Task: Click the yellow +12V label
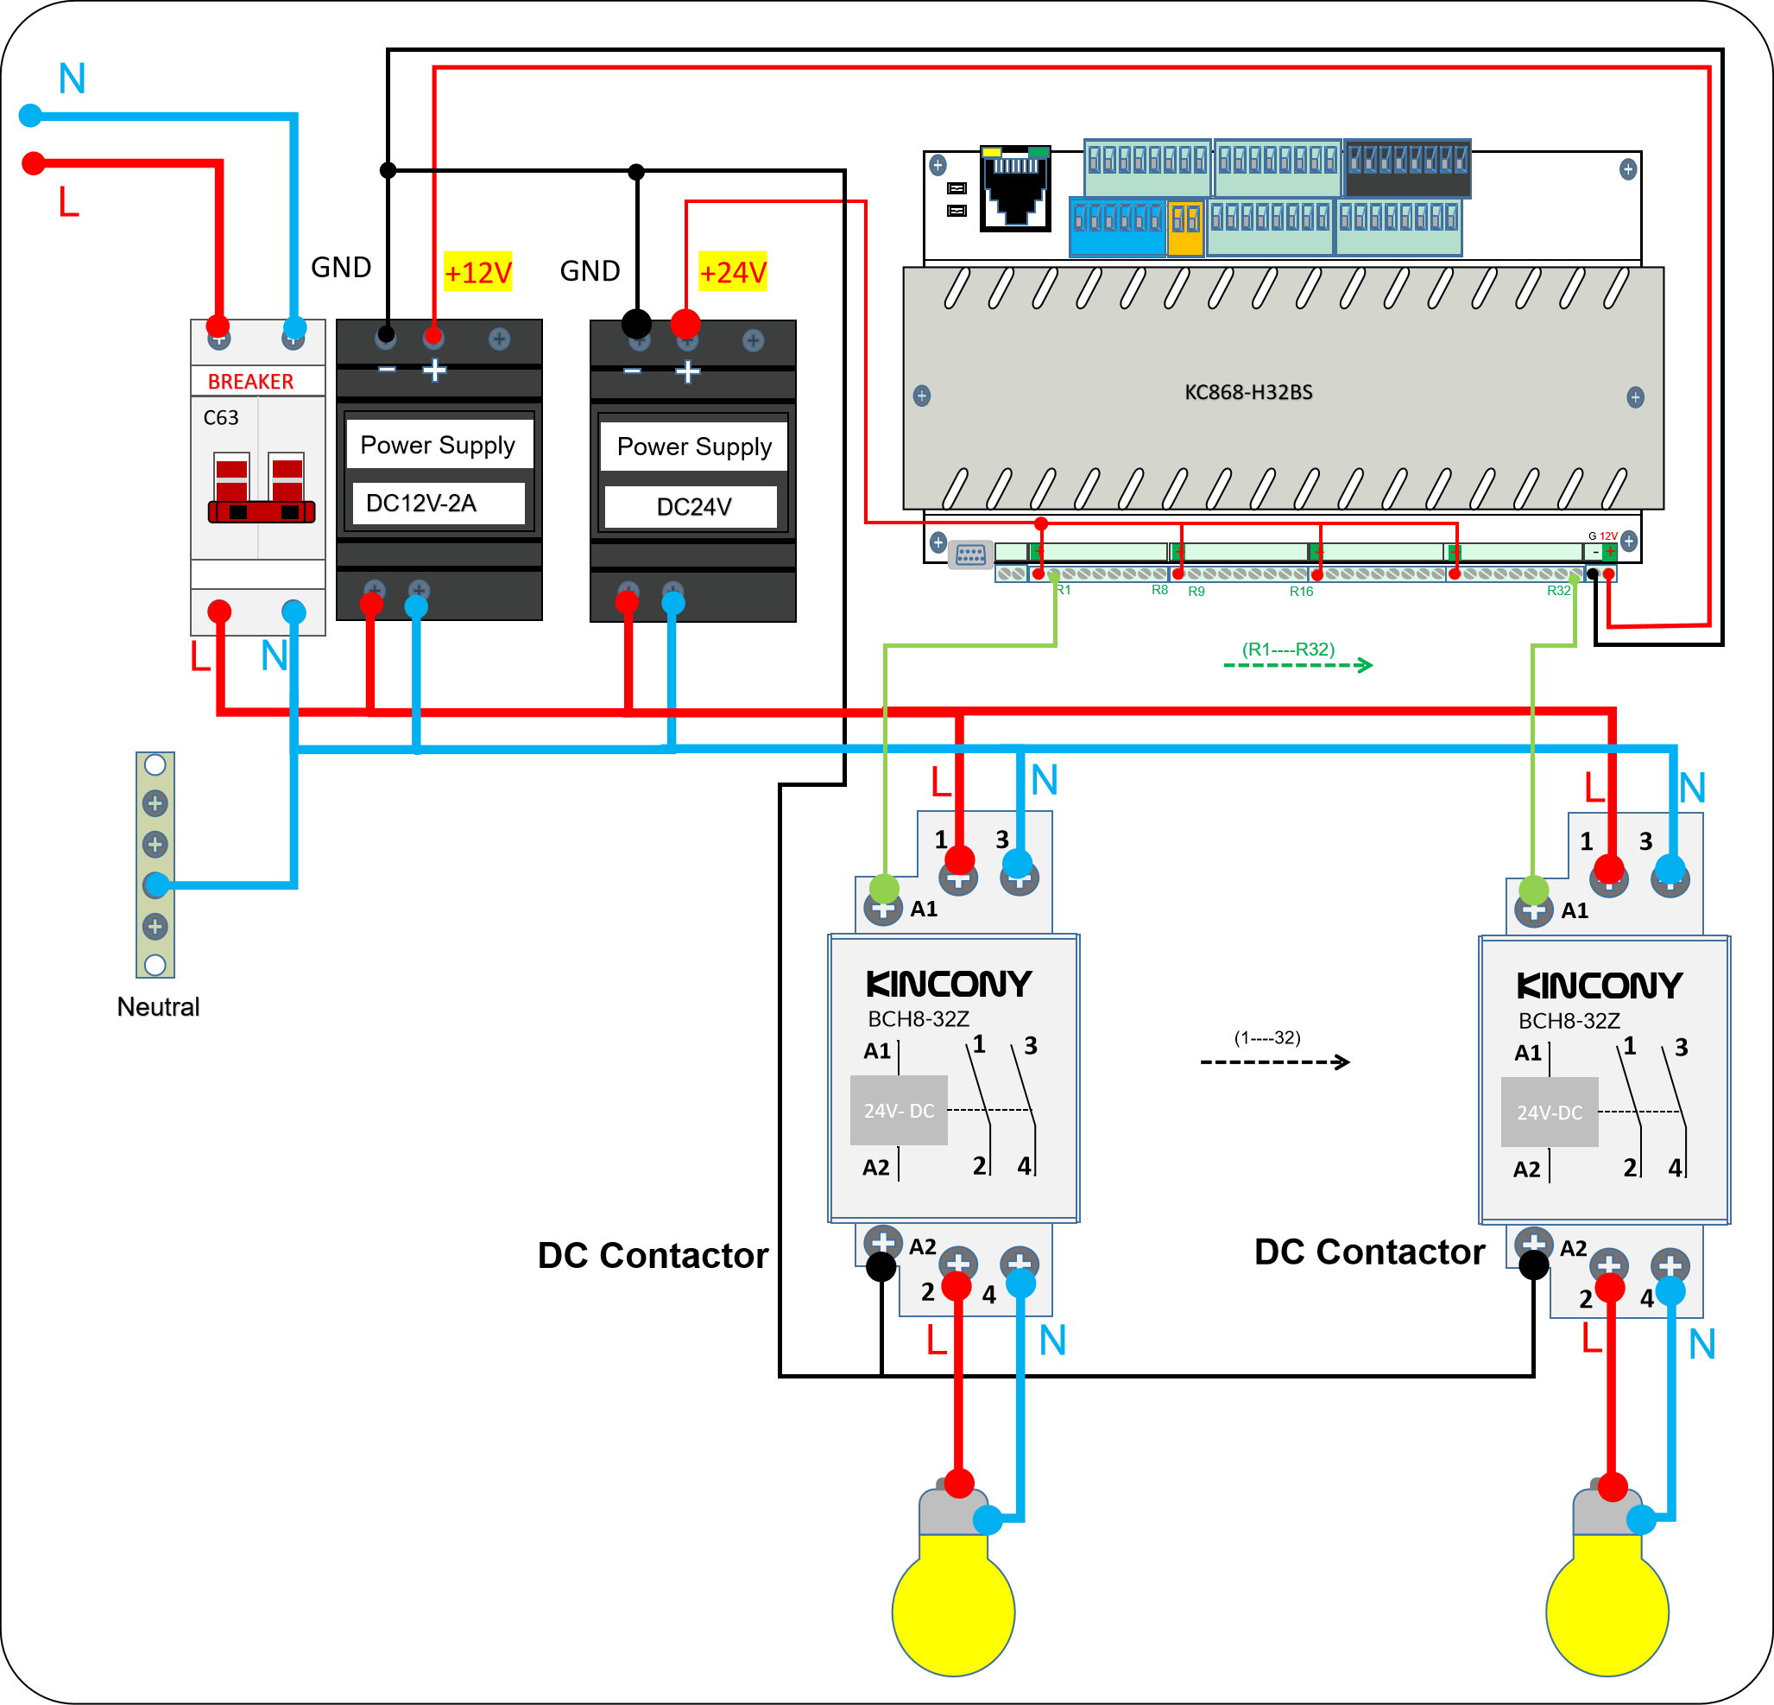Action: pyautogui.click(x=478, y=271)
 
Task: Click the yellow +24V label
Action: pyautogui.click(x=732, y=271)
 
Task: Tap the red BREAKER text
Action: pyautogui.click(x=250, y=381)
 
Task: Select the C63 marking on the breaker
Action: pyautogui.click(x=221, y=417)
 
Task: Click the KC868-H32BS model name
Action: pyautogui.click(x=1248, y=392)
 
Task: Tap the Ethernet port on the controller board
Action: pyautogui.click(x=1015, y=188)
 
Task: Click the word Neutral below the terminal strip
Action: pyautogui.click(x=158, y=1007)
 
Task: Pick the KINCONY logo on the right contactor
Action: pyautogui.click(x=1599, y=986)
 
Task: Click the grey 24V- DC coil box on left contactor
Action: pyautogui.click(x=899, y=1110)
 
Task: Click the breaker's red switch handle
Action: pyautogui.click(x=262, y=511)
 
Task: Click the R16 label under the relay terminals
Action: pyautogui.click(x=1301, y=592)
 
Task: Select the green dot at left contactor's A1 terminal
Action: pyautogui.click(x=884, y=888)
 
